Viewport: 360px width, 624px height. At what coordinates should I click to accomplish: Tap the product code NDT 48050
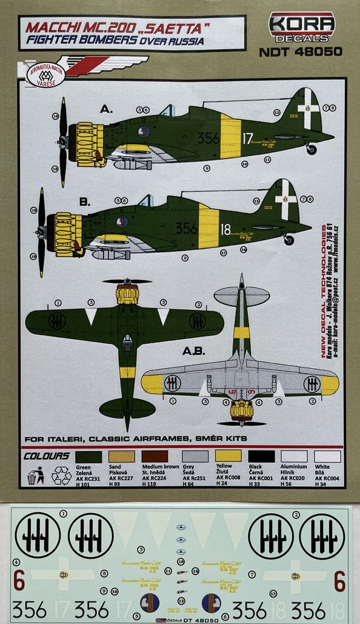pos(301,52)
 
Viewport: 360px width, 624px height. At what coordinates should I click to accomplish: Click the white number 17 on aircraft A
pos(247,138)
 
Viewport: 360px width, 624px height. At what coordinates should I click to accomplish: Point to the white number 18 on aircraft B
pos(225,229)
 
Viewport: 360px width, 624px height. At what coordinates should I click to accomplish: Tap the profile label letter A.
pos(106,110)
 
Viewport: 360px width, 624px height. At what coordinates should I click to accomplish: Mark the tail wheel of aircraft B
pos(288,240)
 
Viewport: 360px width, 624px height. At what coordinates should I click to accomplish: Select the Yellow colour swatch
pos(228,455)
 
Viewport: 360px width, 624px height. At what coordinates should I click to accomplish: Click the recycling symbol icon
pos(61,476)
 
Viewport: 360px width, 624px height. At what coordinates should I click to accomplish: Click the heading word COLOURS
pos(46,455)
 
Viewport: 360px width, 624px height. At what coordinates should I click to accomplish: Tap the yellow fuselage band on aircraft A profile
pos(230,136)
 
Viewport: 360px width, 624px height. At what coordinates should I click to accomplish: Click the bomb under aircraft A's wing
pos(133,164)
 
